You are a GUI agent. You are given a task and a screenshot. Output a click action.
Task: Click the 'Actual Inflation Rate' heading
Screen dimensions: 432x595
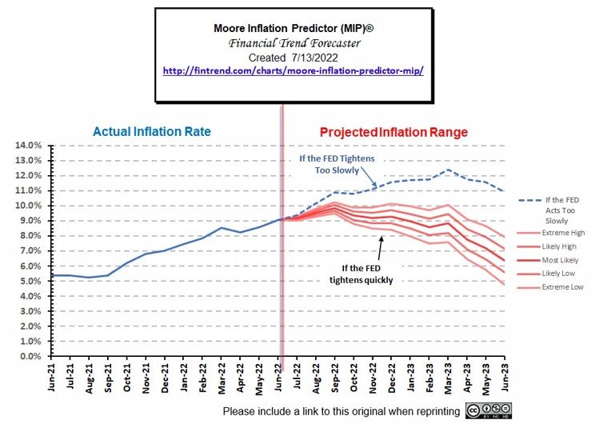click(153, 131)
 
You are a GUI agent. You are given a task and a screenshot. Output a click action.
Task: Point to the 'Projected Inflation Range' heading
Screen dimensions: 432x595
click(393, 132)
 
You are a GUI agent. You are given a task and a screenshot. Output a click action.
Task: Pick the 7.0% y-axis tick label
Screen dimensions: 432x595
click(28, 251)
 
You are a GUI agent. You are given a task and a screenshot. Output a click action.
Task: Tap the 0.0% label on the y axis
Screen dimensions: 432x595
click(28, 357)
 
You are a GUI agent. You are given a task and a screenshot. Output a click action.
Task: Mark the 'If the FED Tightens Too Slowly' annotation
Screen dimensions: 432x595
click(337, 164)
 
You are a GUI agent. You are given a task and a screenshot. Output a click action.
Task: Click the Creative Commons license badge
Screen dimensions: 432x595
click(489, 410)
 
